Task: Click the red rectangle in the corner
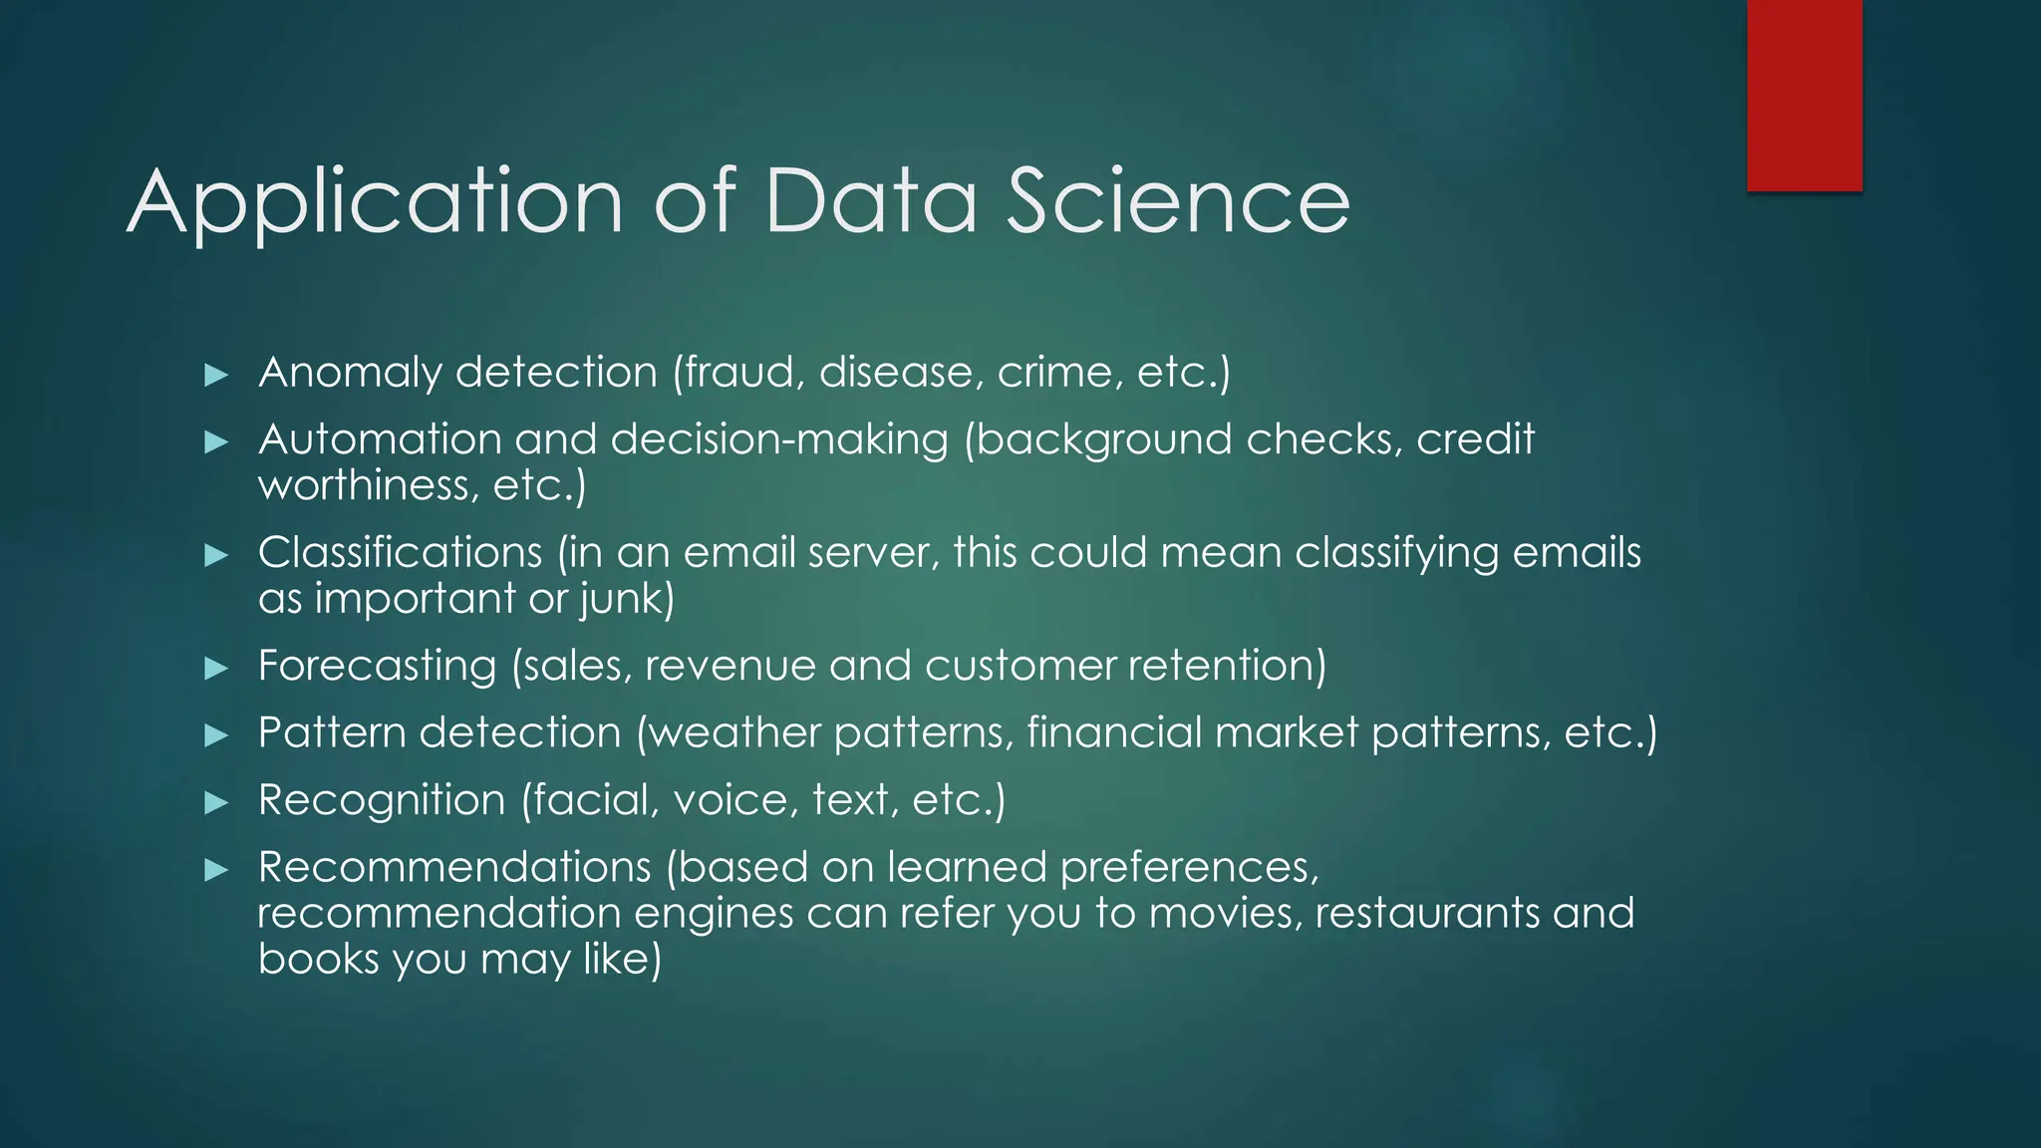coord(1804,96)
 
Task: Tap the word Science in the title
coord(1178,202)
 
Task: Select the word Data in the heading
coord(871,202)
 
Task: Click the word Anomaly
coord(350,374)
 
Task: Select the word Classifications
coord(400,553)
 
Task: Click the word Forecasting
coord(377,666)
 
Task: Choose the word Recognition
coord(382,800)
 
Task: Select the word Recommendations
coord(453,867)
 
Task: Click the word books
coord(318,959)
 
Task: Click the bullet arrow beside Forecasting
coord(216,668)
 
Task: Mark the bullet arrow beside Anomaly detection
coord(216,375)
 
